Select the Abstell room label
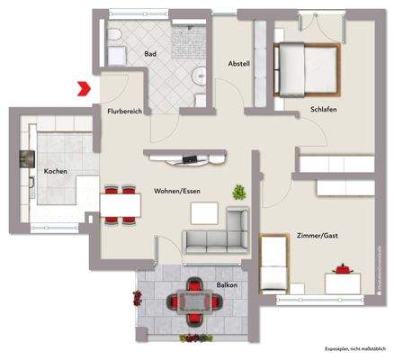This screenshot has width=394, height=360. point(238,64)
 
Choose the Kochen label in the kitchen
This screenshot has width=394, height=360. point(56,170)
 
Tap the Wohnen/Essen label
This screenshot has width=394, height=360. point(177,191)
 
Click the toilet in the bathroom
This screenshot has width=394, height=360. point(115,38)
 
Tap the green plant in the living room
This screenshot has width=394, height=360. point(239,191)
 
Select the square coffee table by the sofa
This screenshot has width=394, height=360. point(203,212)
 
